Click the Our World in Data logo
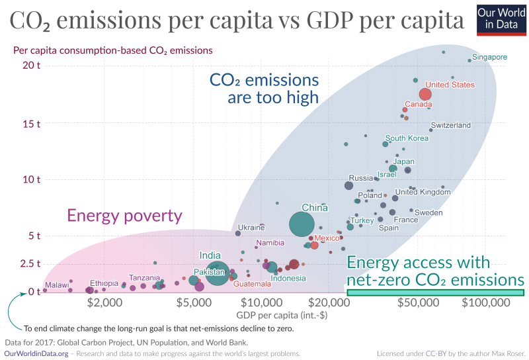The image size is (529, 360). tap(499, 19)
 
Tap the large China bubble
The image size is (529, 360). tap(302, 224)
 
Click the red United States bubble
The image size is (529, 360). tap(425, 94)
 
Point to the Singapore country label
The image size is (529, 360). tap(489, 58)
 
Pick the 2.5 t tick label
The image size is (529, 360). tap(28, 263)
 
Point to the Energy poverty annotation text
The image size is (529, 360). tap(124, 216)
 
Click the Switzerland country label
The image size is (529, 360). tap(450, 125)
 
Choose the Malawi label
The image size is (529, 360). tap(57, 285)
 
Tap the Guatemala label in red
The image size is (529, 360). tap(251, 284)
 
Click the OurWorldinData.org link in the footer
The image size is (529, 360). tap(36, 353)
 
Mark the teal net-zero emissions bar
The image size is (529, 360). tap(435, 292)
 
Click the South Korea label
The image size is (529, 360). tap(407, 138)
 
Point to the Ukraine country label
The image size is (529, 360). tap(251, 228)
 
